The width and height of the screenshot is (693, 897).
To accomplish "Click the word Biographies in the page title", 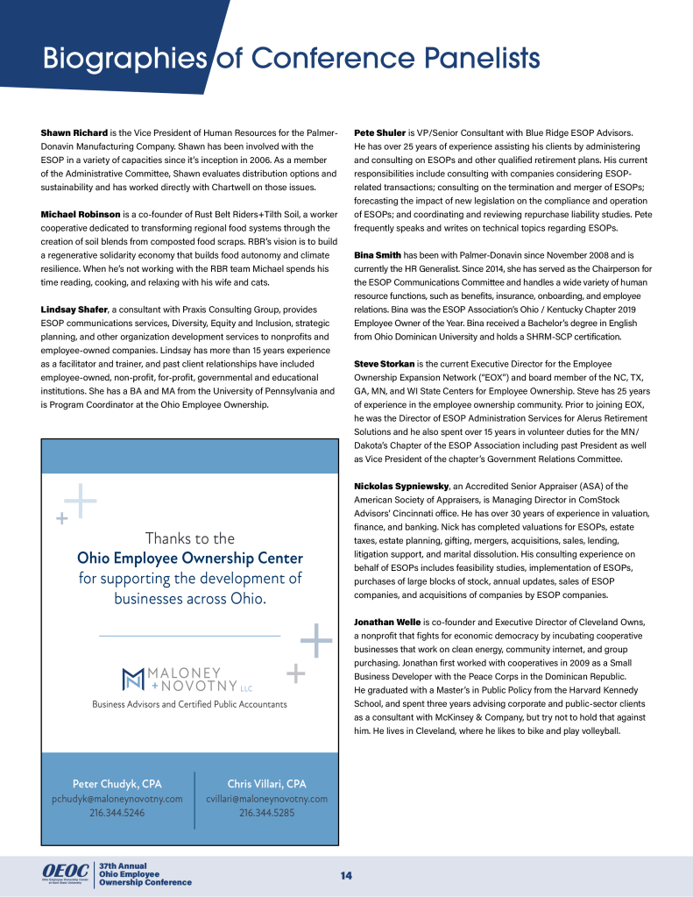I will click(124, 59).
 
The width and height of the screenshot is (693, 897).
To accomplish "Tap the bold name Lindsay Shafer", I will click(74, 310).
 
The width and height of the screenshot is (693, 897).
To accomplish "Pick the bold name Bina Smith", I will click(378, 255).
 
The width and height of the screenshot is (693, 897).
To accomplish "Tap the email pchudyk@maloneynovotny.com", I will click(117, 799).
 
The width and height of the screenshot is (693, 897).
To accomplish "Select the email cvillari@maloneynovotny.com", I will click(266, 799).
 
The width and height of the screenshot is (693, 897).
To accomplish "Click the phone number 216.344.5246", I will click(117, 813).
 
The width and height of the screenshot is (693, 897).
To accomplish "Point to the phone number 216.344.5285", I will click(266, 813).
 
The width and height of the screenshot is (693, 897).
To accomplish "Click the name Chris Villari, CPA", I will click(266, 783).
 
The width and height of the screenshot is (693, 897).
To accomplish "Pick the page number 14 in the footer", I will click(346, 876).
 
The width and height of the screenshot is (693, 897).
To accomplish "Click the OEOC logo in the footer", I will click(63, 870).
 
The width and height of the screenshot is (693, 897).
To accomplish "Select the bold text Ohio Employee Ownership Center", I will click(190, 559).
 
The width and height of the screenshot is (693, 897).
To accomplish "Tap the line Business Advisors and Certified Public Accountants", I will click(189, 704).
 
